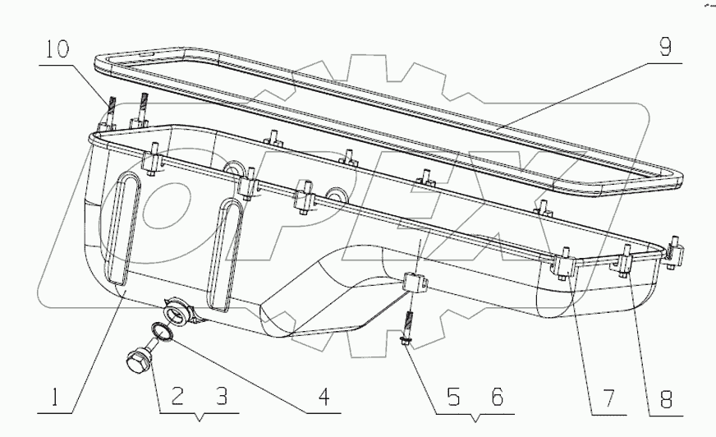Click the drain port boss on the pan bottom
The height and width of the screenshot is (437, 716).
pos(178,310)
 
